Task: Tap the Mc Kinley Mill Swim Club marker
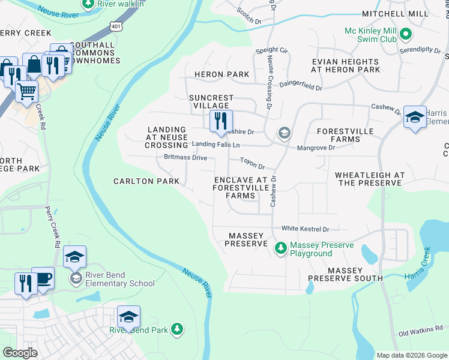[406, 34]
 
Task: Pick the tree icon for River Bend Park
[176, 329]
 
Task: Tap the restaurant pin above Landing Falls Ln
[221, 121]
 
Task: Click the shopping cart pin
[26, 92]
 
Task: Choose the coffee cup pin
[43, 277]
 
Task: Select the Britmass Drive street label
[185, 158]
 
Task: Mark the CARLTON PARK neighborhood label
[146, 181]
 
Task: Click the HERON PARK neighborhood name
[221, 74]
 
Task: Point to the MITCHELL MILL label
[394, 13]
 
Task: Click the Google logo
[20, 352]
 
